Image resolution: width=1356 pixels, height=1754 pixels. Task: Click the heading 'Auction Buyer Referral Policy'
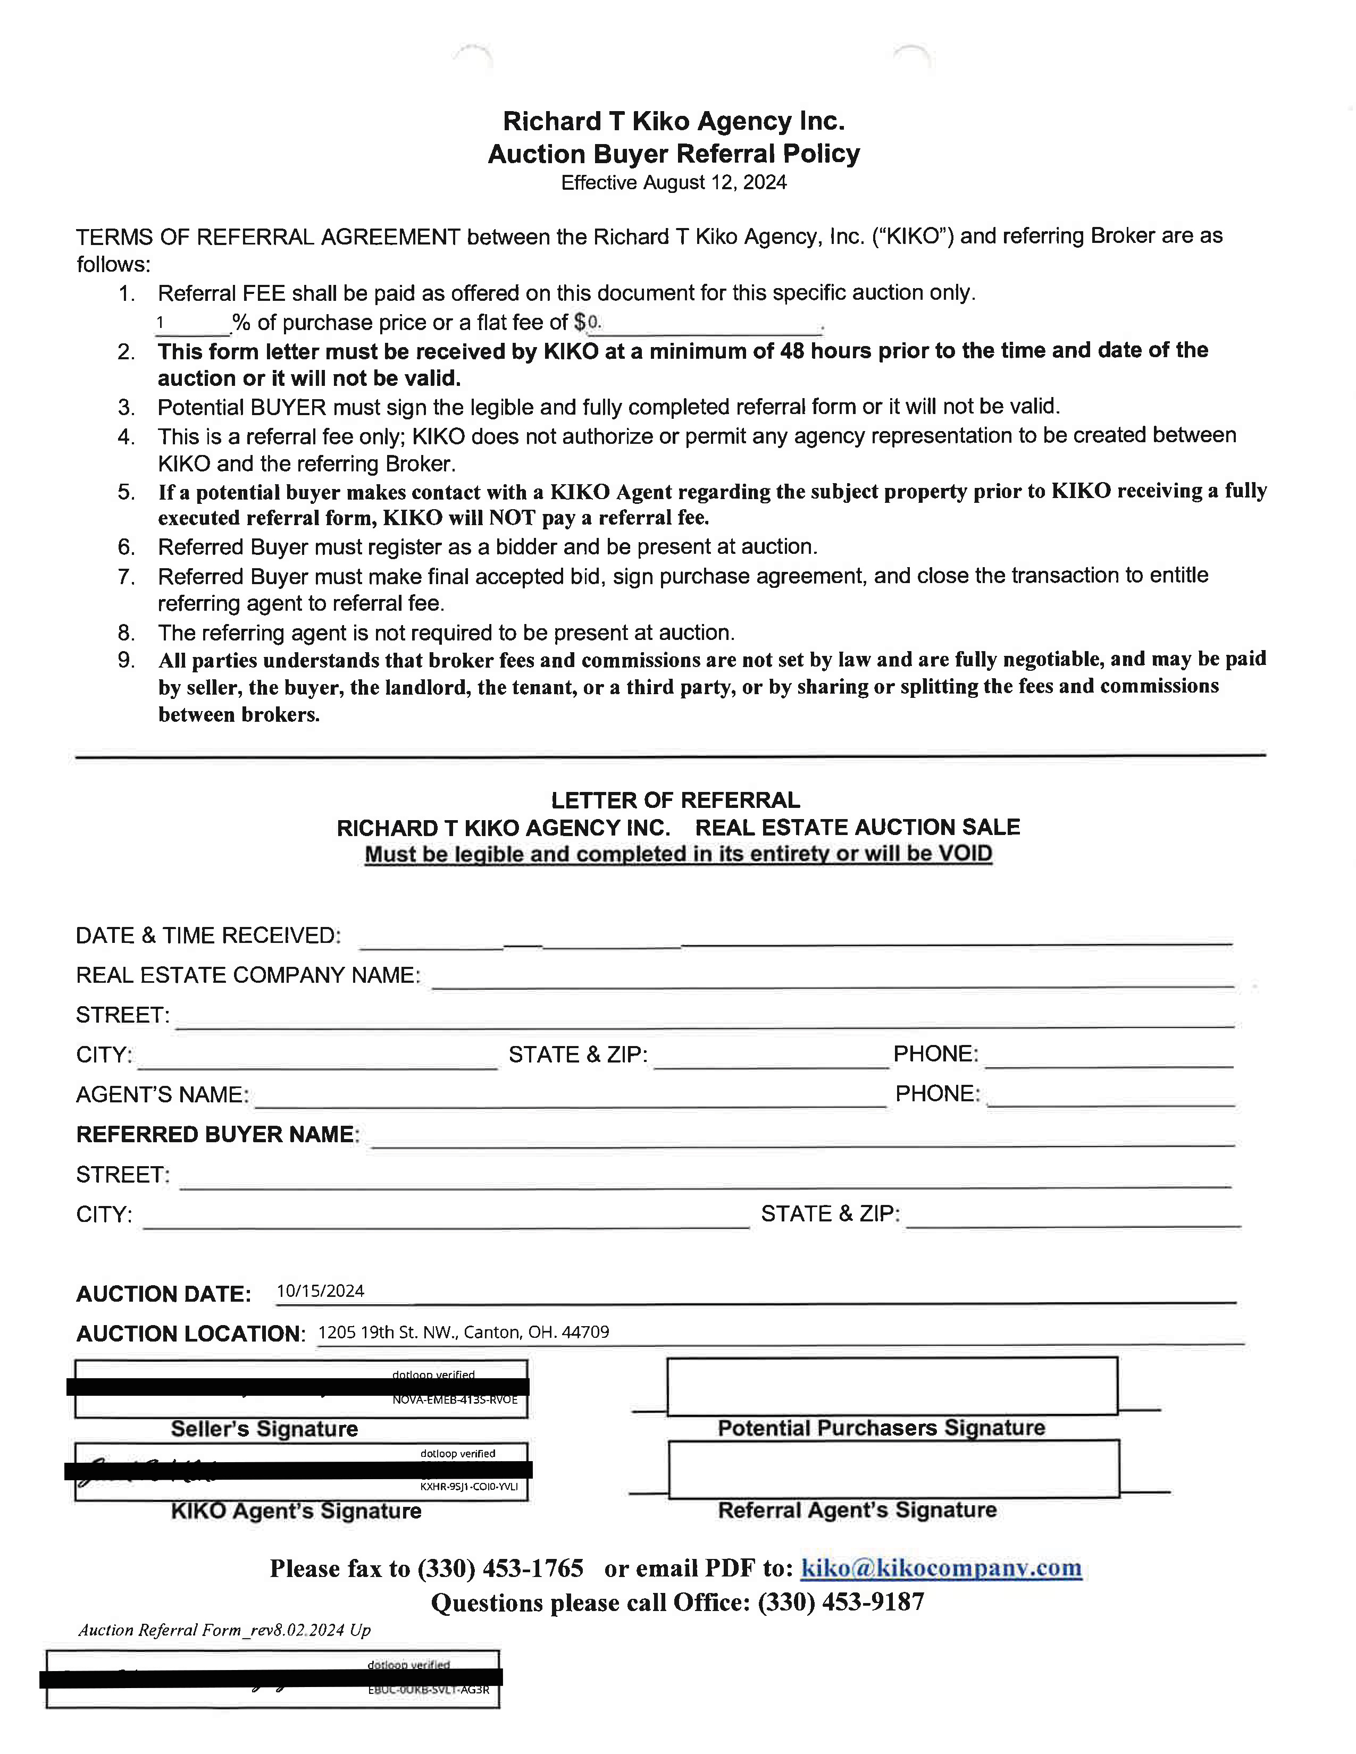(x=673, y=154)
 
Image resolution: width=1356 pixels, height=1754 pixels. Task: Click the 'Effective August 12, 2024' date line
(x=673, y=183)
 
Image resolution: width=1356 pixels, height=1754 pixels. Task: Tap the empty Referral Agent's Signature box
(x=893, y=1469)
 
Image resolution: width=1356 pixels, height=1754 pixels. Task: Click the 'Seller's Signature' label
(x=264, y=1429)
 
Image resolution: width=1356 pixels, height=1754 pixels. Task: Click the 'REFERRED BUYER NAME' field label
(x=217, y=1134)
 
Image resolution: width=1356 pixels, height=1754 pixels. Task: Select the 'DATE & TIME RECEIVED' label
(x=208, y=935)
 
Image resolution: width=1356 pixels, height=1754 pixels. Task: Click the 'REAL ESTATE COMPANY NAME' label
(x=247, y=975)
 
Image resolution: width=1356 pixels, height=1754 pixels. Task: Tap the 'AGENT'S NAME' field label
(x=162, y=1094)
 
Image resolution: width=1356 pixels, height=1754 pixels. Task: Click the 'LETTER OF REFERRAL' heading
(x=675, y=800)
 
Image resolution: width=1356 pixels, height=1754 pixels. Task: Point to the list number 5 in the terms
(x=125, y=492)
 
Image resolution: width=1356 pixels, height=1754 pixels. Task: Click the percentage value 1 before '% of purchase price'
(x=160, y=322)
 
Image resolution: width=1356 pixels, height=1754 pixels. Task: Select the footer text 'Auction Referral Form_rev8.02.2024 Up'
(x=224, y=1630)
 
